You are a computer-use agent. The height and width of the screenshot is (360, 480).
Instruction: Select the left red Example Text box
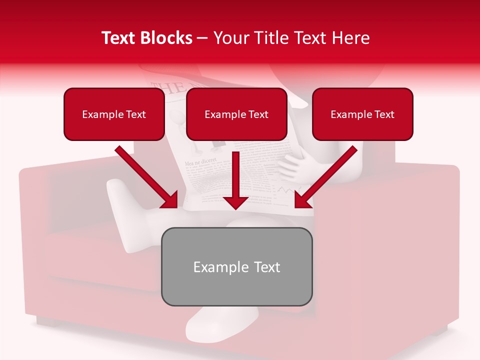(114, 114)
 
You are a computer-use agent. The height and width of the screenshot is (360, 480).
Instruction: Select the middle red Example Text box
(236, 114)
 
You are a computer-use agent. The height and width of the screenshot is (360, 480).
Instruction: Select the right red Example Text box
(362, 114)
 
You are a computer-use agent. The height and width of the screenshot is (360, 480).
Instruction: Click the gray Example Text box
(236, 266)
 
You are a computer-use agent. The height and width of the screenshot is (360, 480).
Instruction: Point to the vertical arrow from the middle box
(235, 180)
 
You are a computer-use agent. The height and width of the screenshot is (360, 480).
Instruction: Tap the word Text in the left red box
(135, 114)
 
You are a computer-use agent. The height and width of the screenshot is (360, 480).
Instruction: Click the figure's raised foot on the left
(119, 192)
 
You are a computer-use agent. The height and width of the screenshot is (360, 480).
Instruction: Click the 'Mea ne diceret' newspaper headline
(200, 163)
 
